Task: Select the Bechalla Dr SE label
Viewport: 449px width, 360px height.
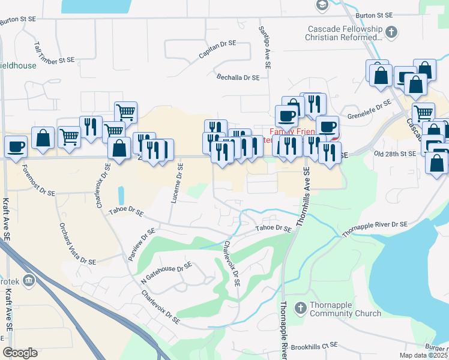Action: (x=238, y=77)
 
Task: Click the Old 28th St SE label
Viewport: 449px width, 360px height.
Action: (x=394, y=154)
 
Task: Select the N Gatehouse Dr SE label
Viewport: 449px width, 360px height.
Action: (x=166, y=272)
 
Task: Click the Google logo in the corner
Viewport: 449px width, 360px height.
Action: (x=20, y=353)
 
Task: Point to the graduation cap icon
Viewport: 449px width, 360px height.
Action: (x=322, y=5)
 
